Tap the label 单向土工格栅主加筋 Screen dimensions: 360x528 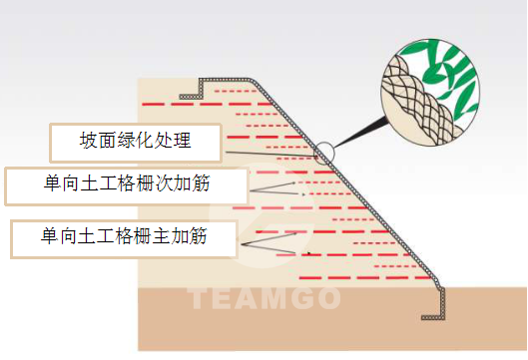pos(124,237)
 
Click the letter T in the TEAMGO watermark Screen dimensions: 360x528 pos(197,297)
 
